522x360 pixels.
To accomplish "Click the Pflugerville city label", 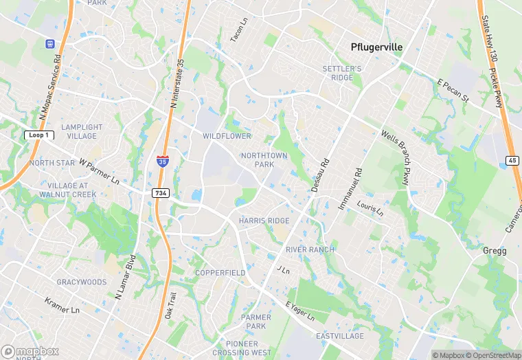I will (x=376, y=47).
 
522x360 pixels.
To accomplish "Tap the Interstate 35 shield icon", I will (x=162, y=161).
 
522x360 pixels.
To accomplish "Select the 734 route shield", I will (x=161, y=194).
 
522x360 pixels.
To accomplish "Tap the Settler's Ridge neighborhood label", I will (x=342, y=73).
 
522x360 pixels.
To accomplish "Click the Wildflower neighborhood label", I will (x=227, y=136).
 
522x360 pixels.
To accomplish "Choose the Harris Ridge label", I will (x=264, y=221).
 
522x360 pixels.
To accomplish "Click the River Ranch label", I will (x=310, y=249).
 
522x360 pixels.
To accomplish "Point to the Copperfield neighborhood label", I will (x=220, y=273).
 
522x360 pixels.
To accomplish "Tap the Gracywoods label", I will (x=82, y=282).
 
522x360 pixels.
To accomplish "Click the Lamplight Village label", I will (x=82, y=131).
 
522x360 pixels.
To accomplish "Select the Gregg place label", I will (x=494, y=251).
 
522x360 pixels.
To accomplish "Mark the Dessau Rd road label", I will (x=321, y=176).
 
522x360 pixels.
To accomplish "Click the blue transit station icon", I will (x=50, y=43).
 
